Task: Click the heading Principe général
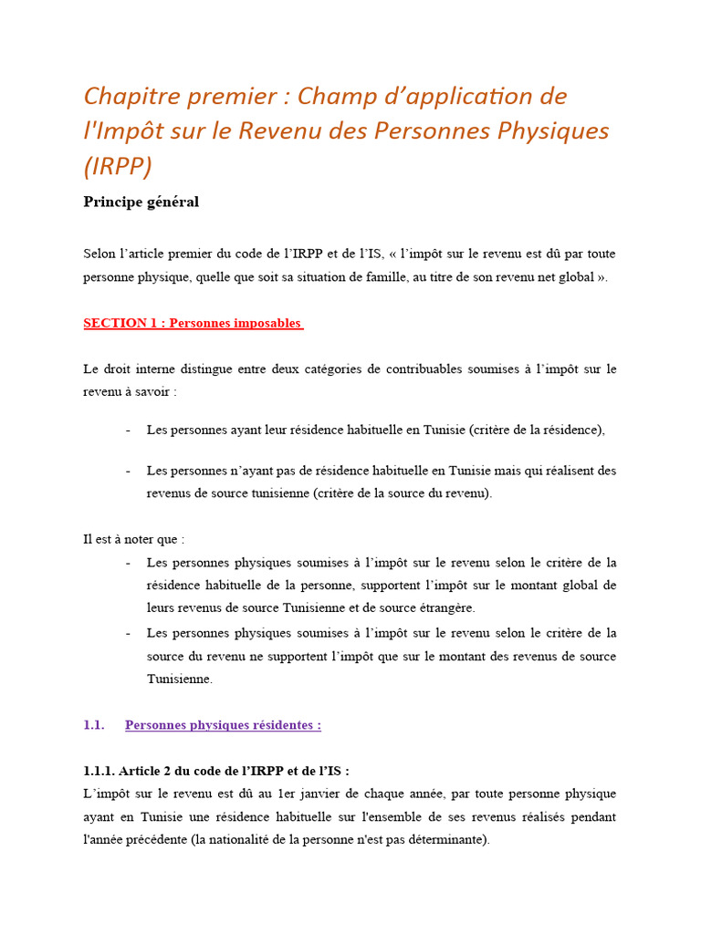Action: pyautogui.click(x=141, y=202)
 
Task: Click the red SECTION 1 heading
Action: pyautogui.click(x=193, y=323)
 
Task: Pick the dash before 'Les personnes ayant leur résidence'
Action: pyautogui.click(x=128, y=430)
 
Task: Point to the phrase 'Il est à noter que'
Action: pyautogui.click(x=133, y=539)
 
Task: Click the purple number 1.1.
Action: pyautogui.click(x=94, y=725)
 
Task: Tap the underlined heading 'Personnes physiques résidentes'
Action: pyautogui.click(x=223, y=725)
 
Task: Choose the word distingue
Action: pyautogui.click(x=188, y=368)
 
